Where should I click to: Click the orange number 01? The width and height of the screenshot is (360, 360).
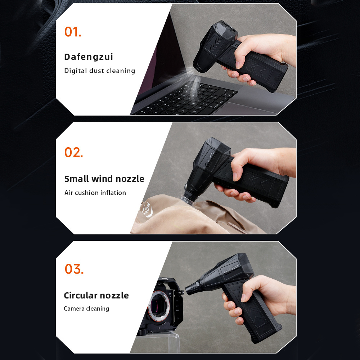click(73, 32)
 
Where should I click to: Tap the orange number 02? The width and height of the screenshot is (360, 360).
click(73, 152)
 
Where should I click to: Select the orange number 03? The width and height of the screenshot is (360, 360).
click(74, 269)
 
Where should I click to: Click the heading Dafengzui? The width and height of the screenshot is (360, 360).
click(89, 57)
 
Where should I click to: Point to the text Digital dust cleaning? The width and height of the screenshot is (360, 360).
click(99, 71)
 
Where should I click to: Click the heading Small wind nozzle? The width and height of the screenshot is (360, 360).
click(104, 179)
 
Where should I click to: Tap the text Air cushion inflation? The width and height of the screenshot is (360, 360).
click(95, 192)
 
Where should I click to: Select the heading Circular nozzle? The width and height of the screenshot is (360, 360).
click(96, 295)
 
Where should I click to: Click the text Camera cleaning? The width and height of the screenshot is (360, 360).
click(86, 309)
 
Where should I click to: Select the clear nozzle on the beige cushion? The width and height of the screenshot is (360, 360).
click(188, 200)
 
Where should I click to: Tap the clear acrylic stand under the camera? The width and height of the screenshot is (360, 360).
click(158, 343)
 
